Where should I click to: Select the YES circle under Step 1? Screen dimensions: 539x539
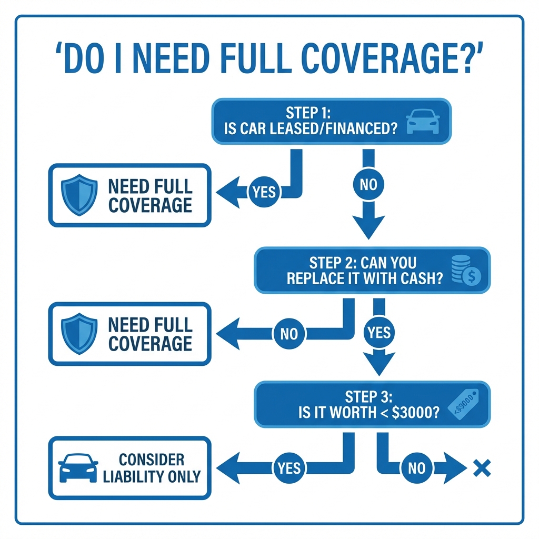[x=264, y=192]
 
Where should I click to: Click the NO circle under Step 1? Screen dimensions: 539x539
[x=368, y=184]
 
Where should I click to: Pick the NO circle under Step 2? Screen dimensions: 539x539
[x=289, y=333]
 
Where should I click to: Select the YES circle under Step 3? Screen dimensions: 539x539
[x=289, y=467]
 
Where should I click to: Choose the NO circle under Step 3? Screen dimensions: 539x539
[x=416, y=467]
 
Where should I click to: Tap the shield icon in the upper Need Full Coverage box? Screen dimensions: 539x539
[x=79, y=195]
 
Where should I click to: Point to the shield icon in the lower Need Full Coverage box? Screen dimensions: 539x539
[x=79, y=333]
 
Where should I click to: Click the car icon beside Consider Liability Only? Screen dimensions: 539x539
[x=78, y=467]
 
